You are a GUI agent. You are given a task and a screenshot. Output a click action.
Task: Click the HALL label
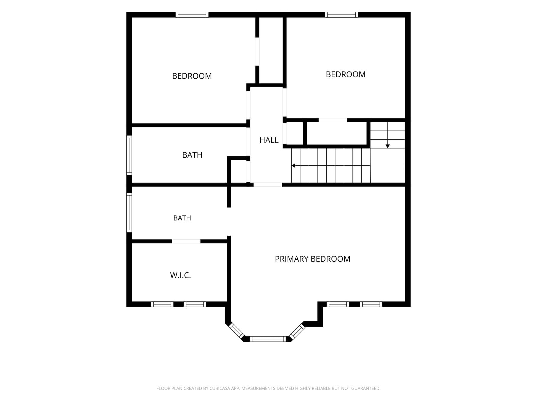click(269, 140)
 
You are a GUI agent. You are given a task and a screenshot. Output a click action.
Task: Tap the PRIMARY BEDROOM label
click(313, 259)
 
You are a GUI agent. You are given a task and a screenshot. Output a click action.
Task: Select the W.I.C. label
click(180, 275)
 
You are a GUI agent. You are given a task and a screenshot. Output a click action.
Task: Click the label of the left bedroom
click(192, 76)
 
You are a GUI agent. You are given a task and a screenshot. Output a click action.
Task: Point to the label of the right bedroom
click(346, 74)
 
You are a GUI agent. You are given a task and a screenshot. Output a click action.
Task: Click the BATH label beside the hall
click(192, 155)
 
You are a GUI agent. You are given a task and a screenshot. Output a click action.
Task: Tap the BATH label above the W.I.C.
click(182, 218)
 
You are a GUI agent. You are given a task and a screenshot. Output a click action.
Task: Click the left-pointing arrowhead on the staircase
click(293, 165)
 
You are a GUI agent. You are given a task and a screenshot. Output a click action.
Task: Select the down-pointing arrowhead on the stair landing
click(387, 146)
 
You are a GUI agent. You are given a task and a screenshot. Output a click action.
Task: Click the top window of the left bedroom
click(192, 15)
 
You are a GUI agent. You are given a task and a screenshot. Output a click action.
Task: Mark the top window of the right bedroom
click(341, 15)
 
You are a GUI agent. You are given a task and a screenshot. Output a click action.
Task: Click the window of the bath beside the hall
click(129, 155)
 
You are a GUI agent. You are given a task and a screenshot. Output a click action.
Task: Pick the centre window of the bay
click(268, 339)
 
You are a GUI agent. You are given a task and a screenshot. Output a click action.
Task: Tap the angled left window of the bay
click(236, 331)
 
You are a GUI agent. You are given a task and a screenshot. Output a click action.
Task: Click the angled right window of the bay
click(297, 331)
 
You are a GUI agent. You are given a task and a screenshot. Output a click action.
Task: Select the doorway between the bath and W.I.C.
click(186, 241)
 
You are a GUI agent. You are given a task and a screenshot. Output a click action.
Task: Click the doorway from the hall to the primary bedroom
click(268, 185)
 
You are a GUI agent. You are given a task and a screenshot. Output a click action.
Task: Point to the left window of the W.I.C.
click(162, 304)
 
